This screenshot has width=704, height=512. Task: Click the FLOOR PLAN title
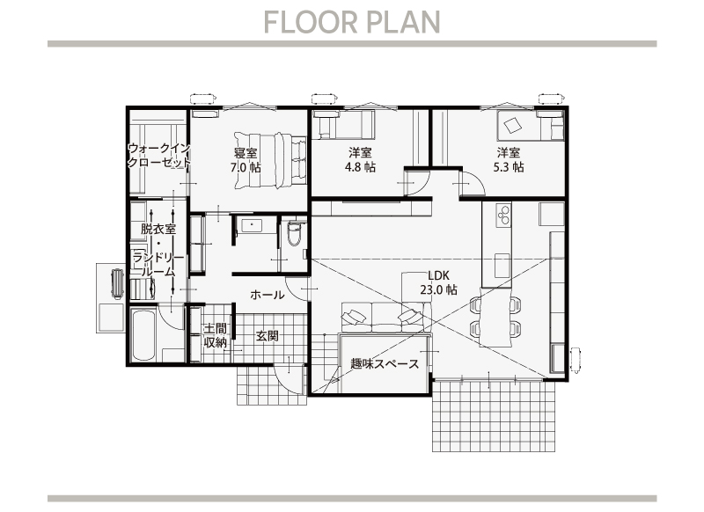click(x=351, y=22)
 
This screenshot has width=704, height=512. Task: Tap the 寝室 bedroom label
click(x=246, y=153)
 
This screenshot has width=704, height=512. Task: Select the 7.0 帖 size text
click(x=246, y=168)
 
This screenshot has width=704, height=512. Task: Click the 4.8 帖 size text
click(x=360, y=167)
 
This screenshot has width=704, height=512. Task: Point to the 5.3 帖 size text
click(x=509, y=167)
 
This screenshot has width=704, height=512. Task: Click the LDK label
click(x=438, y=275)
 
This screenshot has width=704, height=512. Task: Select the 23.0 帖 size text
click(x=438, y=290)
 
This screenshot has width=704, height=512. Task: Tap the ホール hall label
click(x=268, y=295)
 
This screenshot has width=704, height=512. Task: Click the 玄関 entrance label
click(x=268, y=336)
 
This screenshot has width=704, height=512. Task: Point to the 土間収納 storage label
click(x=215, y=336)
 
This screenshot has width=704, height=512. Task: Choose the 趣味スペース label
click(x=385, y=363)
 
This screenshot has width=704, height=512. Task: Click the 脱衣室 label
click(x=158, y=229)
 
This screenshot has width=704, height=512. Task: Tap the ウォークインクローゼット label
click(x=159, y=155)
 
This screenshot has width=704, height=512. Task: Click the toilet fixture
click(x=294, y=233)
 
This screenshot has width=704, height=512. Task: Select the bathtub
click(x=143, y=334)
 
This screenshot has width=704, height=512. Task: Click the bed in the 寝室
click(x=270, y=160)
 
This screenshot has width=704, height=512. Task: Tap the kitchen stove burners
click(x=503, y=215)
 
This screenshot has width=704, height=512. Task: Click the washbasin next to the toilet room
click(x=253, y=225)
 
